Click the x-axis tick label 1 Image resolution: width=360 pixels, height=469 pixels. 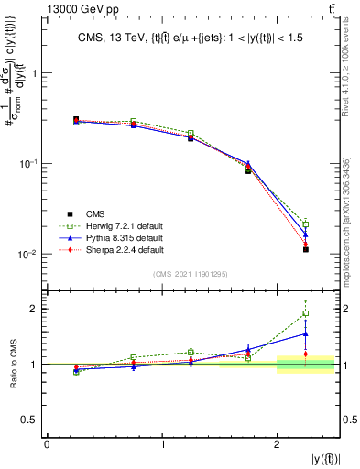click(162, 445)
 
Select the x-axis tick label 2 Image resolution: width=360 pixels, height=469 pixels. click(278, 445)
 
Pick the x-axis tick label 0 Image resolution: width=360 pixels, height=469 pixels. click(47, 445)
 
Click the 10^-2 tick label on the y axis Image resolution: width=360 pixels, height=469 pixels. click(27, 254)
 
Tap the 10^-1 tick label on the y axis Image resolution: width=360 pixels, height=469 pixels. click(27, 163)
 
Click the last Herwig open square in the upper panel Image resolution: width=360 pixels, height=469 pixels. click(306, 224)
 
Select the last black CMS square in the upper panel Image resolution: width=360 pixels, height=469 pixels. click(306, 249)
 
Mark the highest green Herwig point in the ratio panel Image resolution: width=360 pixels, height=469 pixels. click(306, 313)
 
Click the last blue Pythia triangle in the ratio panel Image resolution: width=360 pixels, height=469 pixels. click(306, 333)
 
